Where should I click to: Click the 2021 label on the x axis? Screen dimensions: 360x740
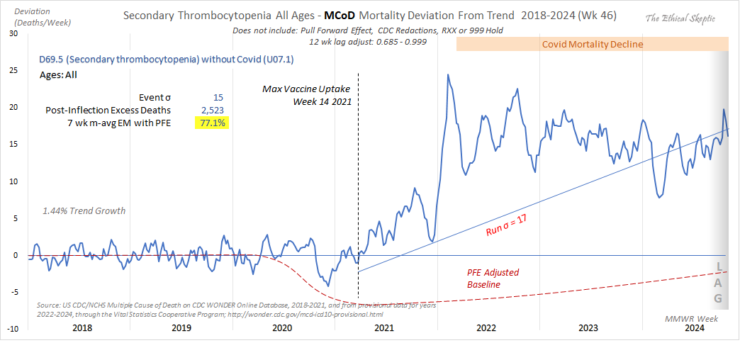point(383,328)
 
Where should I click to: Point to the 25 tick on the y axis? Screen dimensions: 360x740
point(13,70)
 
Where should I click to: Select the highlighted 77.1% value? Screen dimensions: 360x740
point(211,123)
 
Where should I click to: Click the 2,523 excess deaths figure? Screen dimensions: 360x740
point(214,110)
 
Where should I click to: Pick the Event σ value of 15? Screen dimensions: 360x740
point(219,97)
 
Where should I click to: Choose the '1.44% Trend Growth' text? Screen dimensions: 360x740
point(84,210)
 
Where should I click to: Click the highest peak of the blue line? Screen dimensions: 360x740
point(448,74)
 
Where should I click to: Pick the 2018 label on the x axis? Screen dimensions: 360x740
point(81,328)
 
